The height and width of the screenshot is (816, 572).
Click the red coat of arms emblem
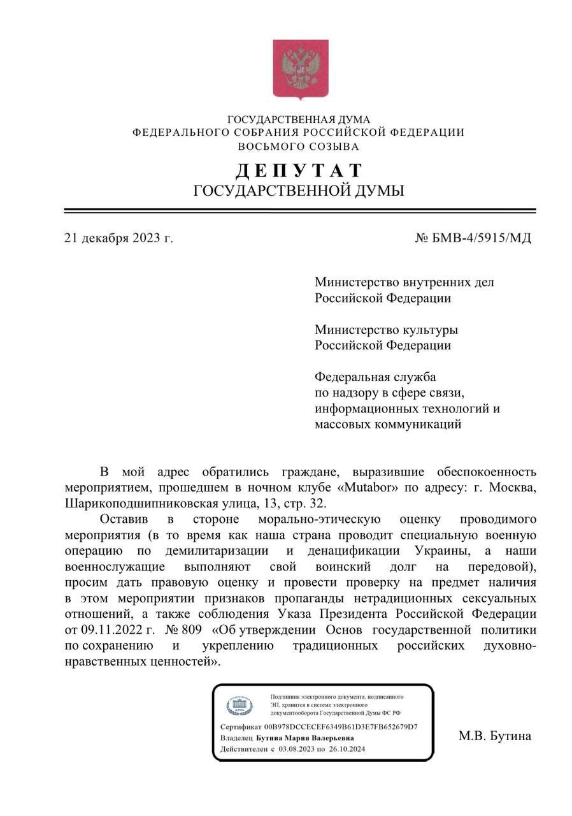click(300, 69)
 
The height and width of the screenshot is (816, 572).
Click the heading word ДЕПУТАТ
click(299, 170)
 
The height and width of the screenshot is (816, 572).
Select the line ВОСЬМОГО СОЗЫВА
click(298, 147)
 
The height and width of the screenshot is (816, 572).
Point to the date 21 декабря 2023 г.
click(118, 238)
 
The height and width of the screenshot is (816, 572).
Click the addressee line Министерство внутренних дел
click(404, 282)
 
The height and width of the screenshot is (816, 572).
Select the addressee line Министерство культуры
click(386, 330)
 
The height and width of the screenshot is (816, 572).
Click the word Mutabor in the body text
click(369, 488)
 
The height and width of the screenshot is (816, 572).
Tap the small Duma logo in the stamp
click(240, 706)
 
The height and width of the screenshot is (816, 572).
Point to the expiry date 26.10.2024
click(348, 749)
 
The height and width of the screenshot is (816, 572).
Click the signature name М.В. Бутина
click(494, 736)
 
